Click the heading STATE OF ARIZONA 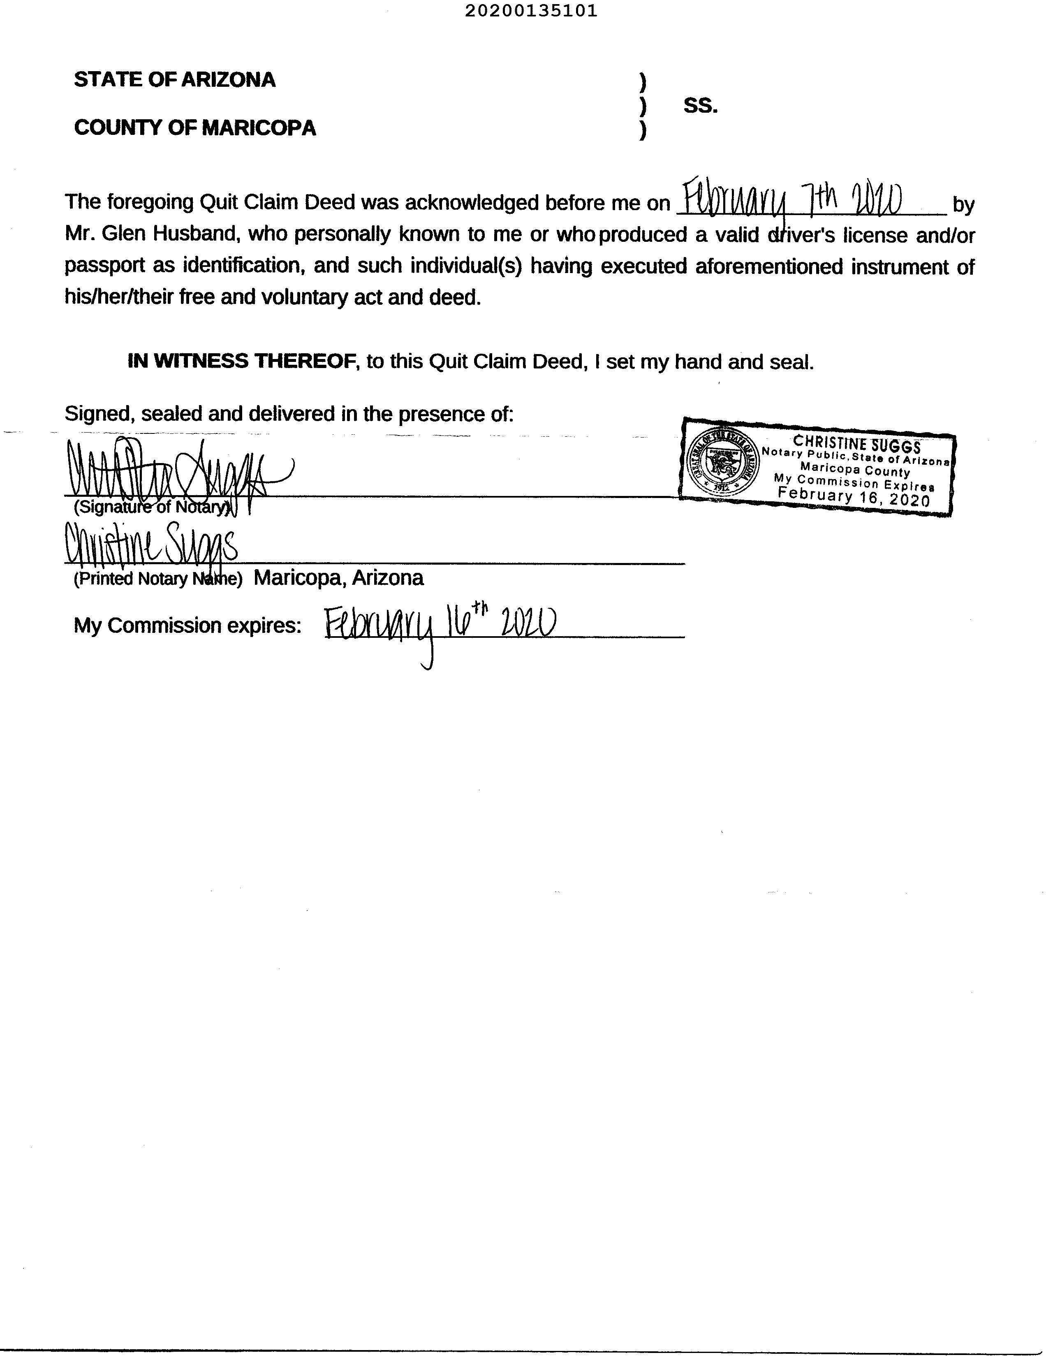click(174, 80)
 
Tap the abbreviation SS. click(701, 106)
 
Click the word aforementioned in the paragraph click(768, 266)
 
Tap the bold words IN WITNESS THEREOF click(241, 361)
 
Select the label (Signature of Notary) click(153, 507)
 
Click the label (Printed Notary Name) click(157, 579)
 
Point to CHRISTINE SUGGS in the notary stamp click(857, 445)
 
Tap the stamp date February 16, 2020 click(854, 497)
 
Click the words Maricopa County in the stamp click(855, 470)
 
